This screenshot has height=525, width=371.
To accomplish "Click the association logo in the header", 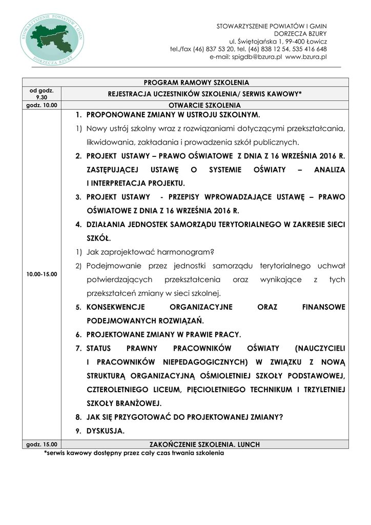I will [x=53, y=39].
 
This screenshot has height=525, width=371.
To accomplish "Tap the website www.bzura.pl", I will [x=306, y=57].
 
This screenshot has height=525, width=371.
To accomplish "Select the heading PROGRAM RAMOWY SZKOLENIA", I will [x=196, y=82].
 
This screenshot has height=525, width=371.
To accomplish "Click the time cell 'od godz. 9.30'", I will [x=42, y=93].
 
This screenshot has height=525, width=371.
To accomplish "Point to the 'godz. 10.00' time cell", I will [x=42, y=105].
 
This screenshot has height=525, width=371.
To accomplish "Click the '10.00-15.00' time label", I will [x=42, y=274].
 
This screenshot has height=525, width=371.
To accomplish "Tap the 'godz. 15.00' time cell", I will [x=42, y=444].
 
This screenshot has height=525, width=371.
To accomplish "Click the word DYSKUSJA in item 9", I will [x=106, y=431].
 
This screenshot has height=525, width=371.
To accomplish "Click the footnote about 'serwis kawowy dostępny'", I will [x=134, y=453].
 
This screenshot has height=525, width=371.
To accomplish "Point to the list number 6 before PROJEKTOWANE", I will [x=79, y=335].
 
